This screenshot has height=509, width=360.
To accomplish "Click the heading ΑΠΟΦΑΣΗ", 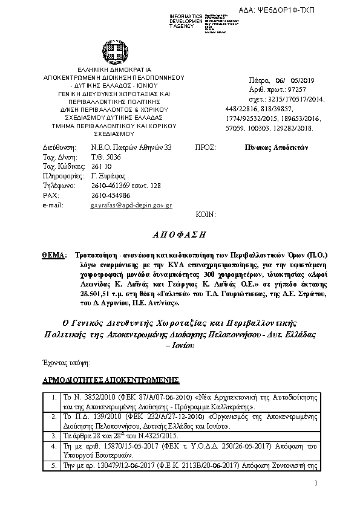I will [179, 233].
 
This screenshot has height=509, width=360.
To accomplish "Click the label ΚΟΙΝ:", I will [206, 215].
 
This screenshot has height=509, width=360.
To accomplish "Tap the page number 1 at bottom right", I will [316, 484].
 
